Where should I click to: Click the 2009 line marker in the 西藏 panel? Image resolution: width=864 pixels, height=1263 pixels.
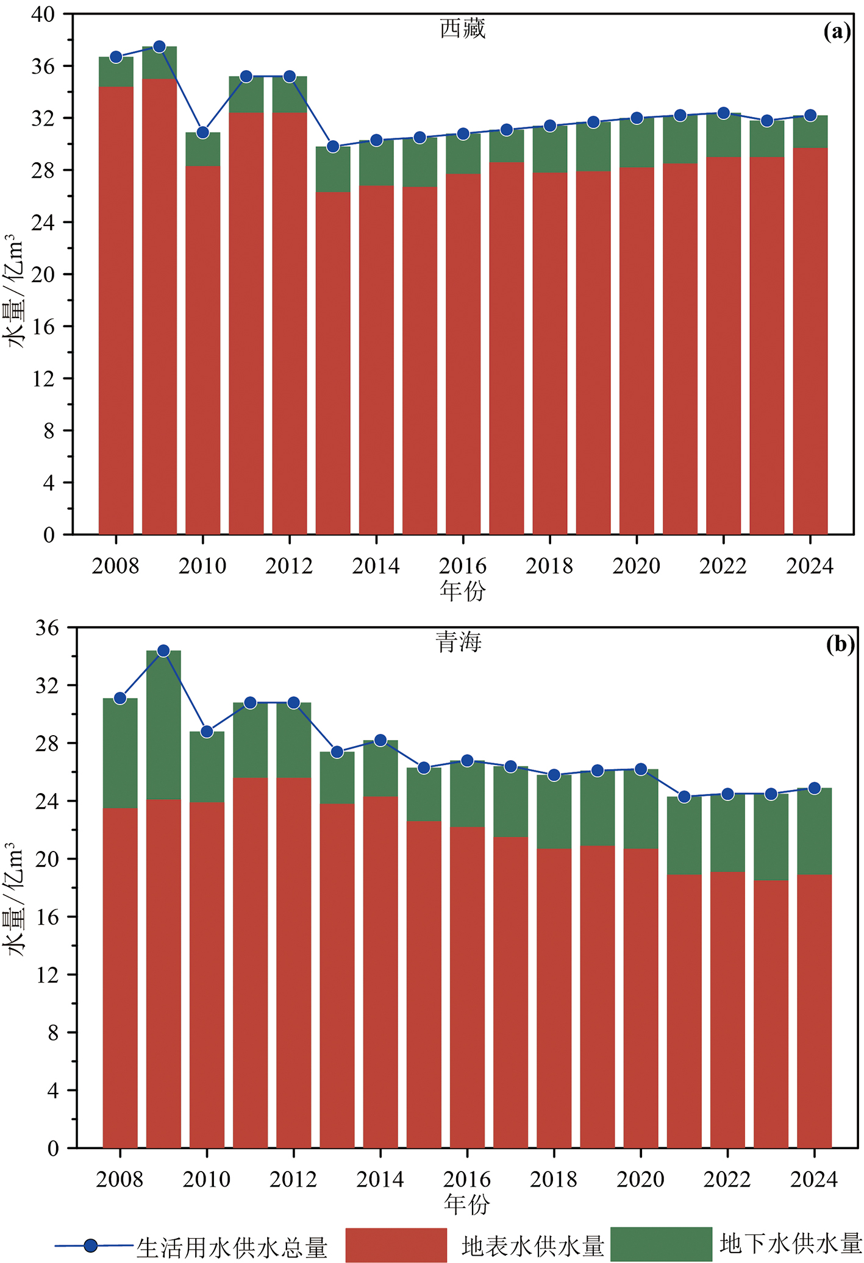click(159, 47)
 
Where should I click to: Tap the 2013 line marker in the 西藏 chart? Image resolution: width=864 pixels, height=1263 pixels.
click(333, 147)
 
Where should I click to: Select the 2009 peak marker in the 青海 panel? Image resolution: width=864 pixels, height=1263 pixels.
click(163, 651)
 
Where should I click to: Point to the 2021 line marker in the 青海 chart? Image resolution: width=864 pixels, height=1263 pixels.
click(684, 797)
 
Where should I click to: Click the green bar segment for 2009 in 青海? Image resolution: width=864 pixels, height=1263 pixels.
click(163, 725)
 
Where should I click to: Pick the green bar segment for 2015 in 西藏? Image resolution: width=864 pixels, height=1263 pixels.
click(420, 162)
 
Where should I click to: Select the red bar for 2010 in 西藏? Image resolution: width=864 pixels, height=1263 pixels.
click(202, 350)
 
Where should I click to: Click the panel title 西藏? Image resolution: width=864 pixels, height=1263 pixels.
click(463, 29)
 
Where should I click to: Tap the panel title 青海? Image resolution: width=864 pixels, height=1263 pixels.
click(459, 642)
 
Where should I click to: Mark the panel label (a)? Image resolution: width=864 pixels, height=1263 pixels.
click(837, 32)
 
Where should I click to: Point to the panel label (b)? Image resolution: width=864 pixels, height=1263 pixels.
click(840, 644)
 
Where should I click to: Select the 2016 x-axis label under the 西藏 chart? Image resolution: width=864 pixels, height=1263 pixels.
click(463, 566)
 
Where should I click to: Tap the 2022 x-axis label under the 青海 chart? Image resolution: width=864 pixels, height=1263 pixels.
click(727, 1179)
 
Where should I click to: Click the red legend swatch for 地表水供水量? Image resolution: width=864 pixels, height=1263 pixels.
click(396, 1245)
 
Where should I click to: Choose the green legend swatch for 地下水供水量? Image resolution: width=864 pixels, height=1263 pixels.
click(661, 1243)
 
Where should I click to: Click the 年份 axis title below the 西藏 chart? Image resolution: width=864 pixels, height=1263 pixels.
click(463, 591)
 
